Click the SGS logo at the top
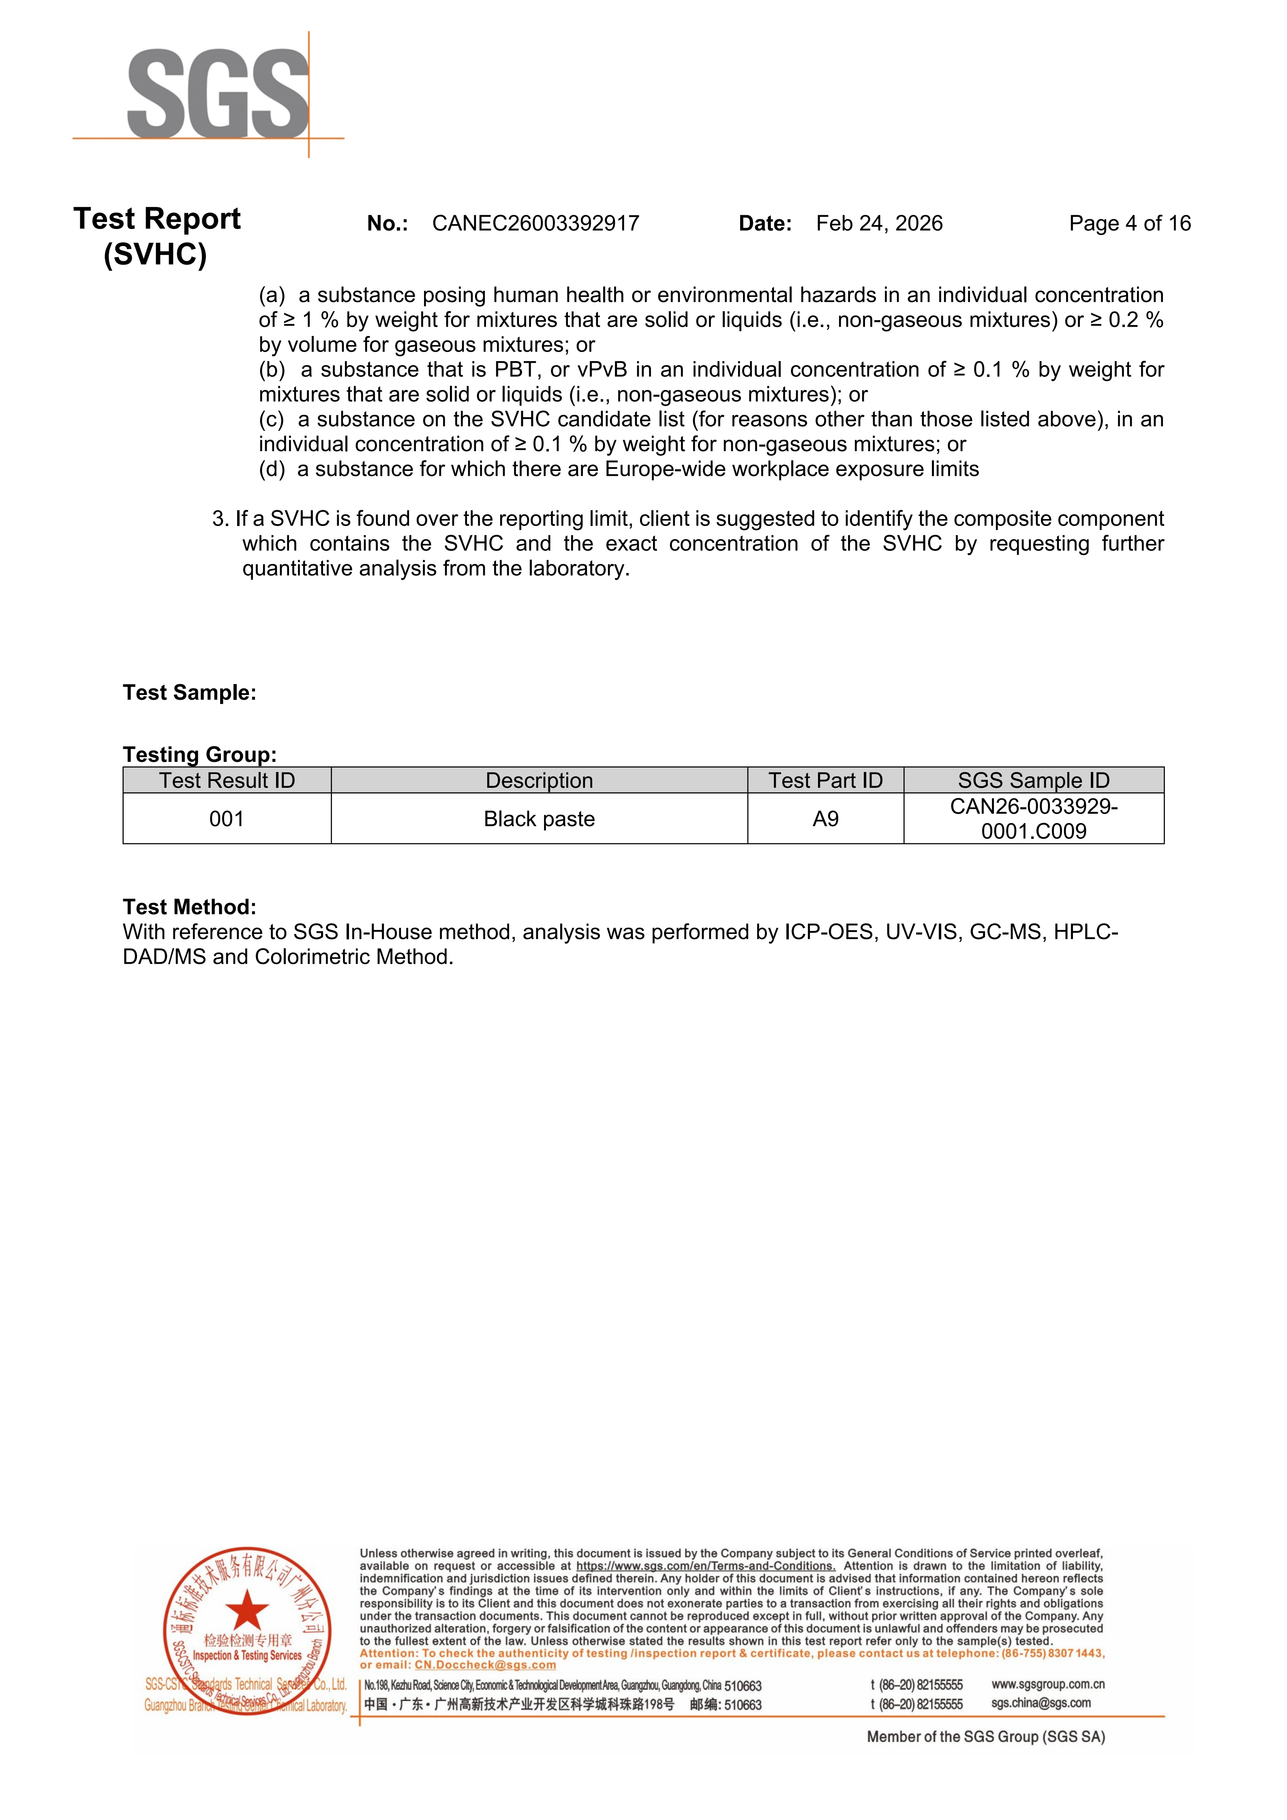(x=218, y=94)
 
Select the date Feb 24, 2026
(x=879, y=224)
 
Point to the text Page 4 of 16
(x=1129, y=224)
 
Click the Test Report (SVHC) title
(x=156, y=236)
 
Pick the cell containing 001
(x=227, y=819)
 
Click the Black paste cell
(x=539, y=819)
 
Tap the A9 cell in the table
(x=825, y=819)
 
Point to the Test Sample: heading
(x=190, y=693)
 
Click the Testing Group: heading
(x=200, y=755)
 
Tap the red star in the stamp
(x=247, y=1611)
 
